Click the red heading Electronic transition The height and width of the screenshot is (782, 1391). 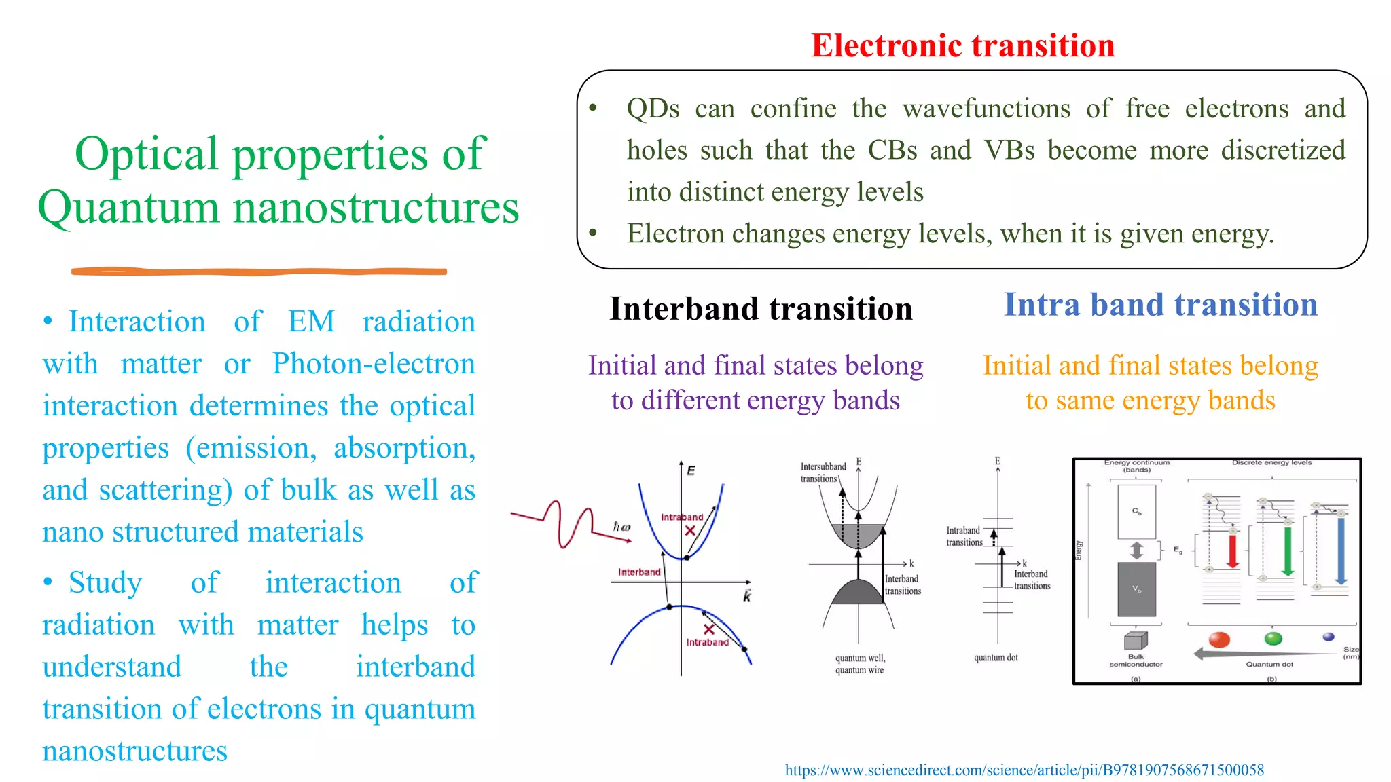[x=962, y=46]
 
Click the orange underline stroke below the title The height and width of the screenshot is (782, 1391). [x=259, y=272]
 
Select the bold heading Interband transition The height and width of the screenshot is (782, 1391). [x=761, y=309]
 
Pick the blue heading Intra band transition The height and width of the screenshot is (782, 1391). [x=1160, y=305]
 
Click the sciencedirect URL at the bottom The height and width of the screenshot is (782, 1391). [x=1024, y=770]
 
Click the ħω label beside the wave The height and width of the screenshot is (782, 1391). [x=621, y=527]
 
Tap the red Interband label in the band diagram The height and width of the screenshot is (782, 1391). [x=639, y=572]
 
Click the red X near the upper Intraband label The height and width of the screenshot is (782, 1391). [x=690, y=531]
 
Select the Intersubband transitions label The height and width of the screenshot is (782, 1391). [x=823, y=472]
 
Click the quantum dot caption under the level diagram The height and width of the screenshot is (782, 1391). [x=996, y=657]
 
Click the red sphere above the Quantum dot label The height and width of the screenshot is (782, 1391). [x=1220, y=639]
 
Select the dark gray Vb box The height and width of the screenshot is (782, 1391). [x=1136, y=589]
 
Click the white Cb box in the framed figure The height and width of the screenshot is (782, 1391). [x=1136, y=512]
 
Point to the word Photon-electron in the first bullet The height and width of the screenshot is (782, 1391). [x=374, y=364]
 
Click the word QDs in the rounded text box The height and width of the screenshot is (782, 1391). [x=653, y=109]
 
